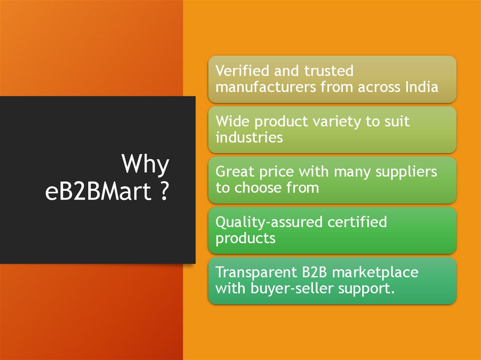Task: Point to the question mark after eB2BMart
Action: click(163, 193)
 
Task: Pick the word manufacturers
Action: click(266, 87)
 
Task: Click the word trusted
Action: click(329, 71)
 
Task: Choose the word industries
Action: click(249, 138)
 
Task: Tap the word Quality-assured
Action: click(263, 222)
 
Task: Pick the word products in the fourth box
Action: click(245, 238)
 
